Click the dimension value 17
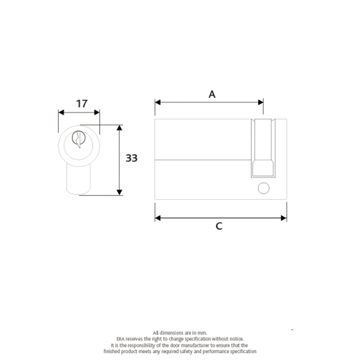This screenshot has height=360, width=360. point(82,103)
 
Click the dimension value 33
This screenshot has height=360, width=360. point(131,159)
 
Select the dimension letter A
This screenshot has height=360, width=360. point(212,94)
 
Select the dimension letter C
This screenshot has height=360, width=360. point(219,227)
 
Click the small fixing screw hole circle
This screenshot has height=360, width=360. point(263,187)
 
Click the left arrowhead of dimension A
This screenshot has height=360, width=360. point(157,103)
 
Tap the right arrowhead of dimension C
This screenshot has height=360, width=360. point(283,217)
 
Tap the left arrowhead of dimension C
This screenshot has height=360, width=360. point(157,217)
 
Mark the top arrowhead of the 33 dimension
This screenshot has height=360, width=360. point(120,129)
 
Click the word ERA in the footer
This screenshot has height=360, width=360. point(120,338)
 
